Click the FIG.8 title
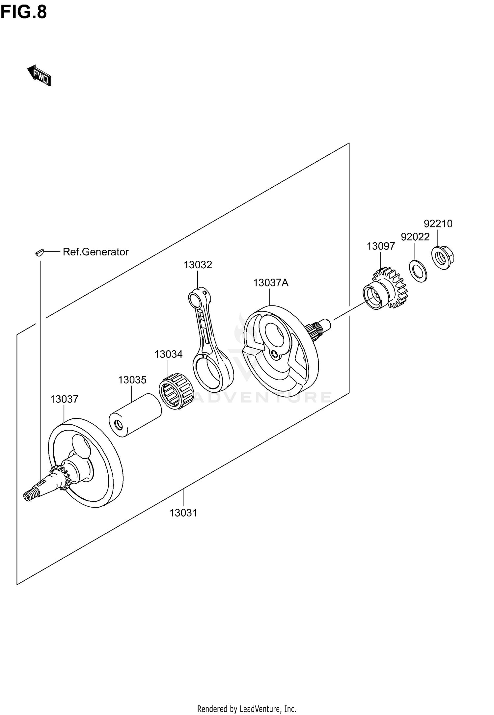(x=24, y=13)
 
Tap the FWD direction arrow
(x=39, y=76)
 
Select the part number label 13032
(x=198, y=264)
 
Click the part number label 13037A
(x=270, y=282)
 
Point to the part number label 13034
(x=168, y=354)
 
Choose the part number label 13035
(x=132, y=380)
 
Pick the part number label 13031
(x=183, y=513)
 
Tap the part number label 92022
(x=415, y=237)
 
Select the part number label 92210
(x=438, y=224)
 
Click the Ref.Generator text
(x=96, y=252)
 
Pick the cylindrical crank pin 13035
(x=135, y=415)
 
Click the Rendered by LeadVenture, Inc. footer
(x=247, y=706)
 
